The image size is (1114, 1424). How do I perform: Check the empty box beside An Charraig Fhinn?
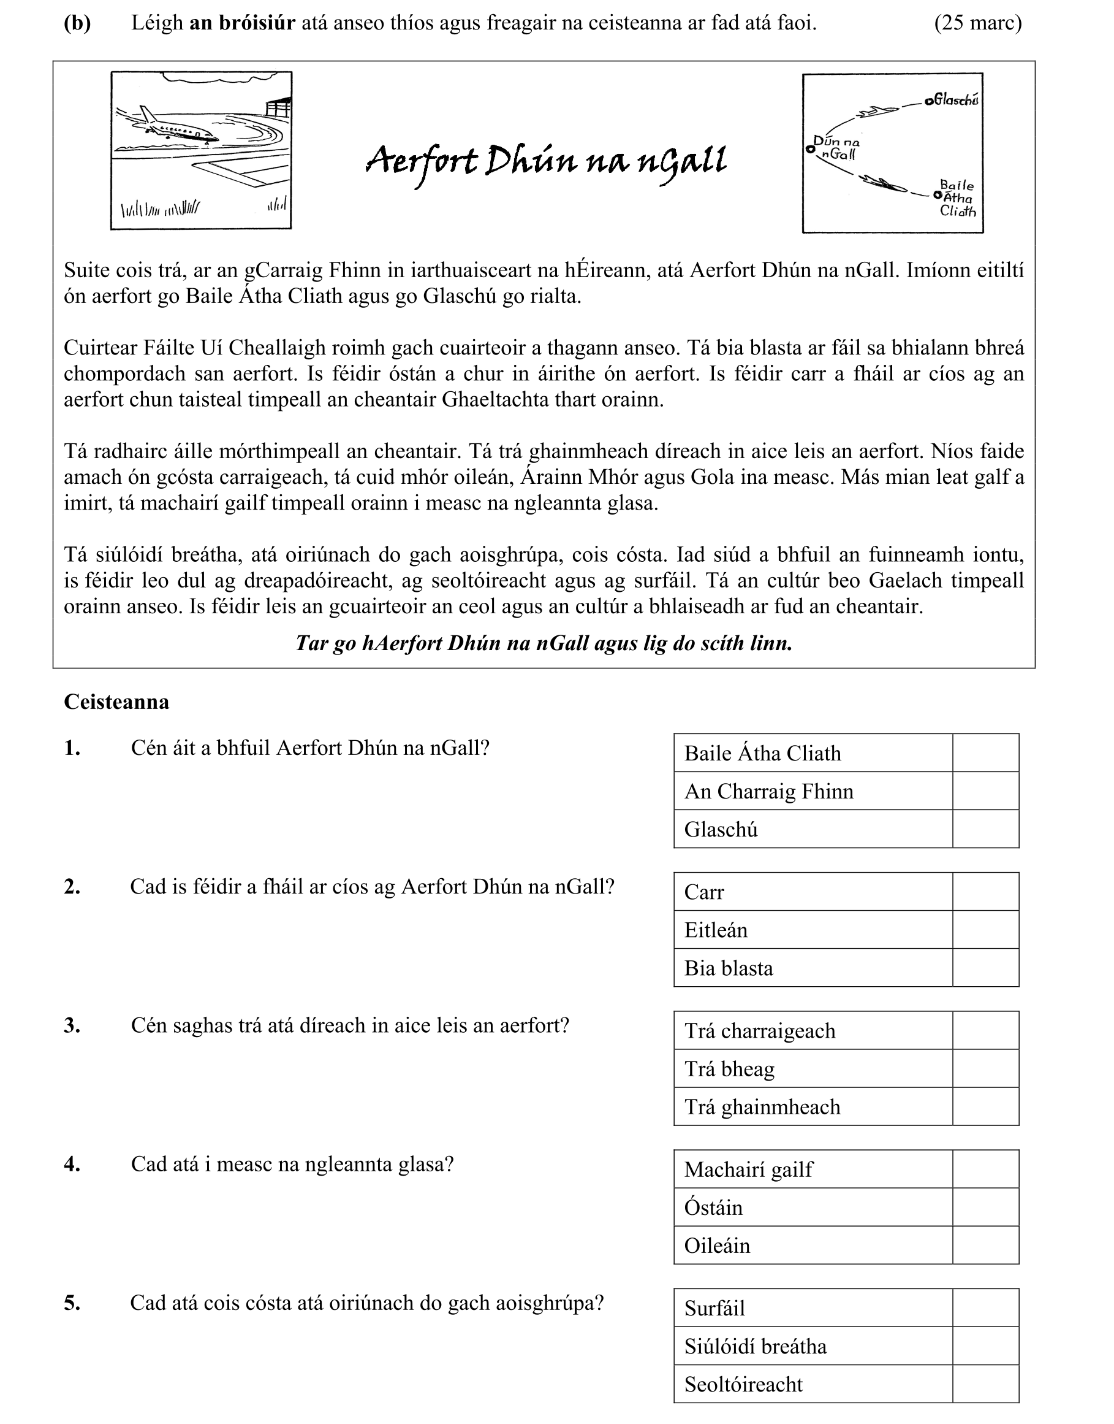pos(985,791)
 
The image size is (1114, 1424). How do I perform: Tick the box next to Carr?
pos(985,892)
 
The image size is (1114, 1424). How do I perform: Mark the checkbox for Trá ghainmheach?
pos(985,1107)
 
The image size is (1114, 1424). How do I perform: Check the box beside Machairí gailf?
pos(985,1169)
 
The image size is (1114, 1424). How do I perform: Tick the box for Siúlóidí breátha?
pos(985,1346)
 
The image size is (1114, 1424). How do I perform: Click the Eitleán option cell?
pos(813,929)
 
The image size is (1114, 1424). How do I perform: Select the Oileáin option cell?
pos(813,1245)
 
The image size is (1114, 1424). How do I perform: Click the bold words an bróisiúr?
pos(242,23)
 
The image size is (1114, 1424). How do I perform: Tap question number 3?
pos(72,1025)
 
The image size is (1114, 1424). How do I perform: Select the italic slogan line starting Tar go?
pos(544,643)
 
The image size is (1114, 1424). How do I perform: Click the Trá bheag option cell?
pos(813,1069)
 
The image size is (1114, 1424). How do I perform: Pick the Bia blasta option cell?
pos(813,968)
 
